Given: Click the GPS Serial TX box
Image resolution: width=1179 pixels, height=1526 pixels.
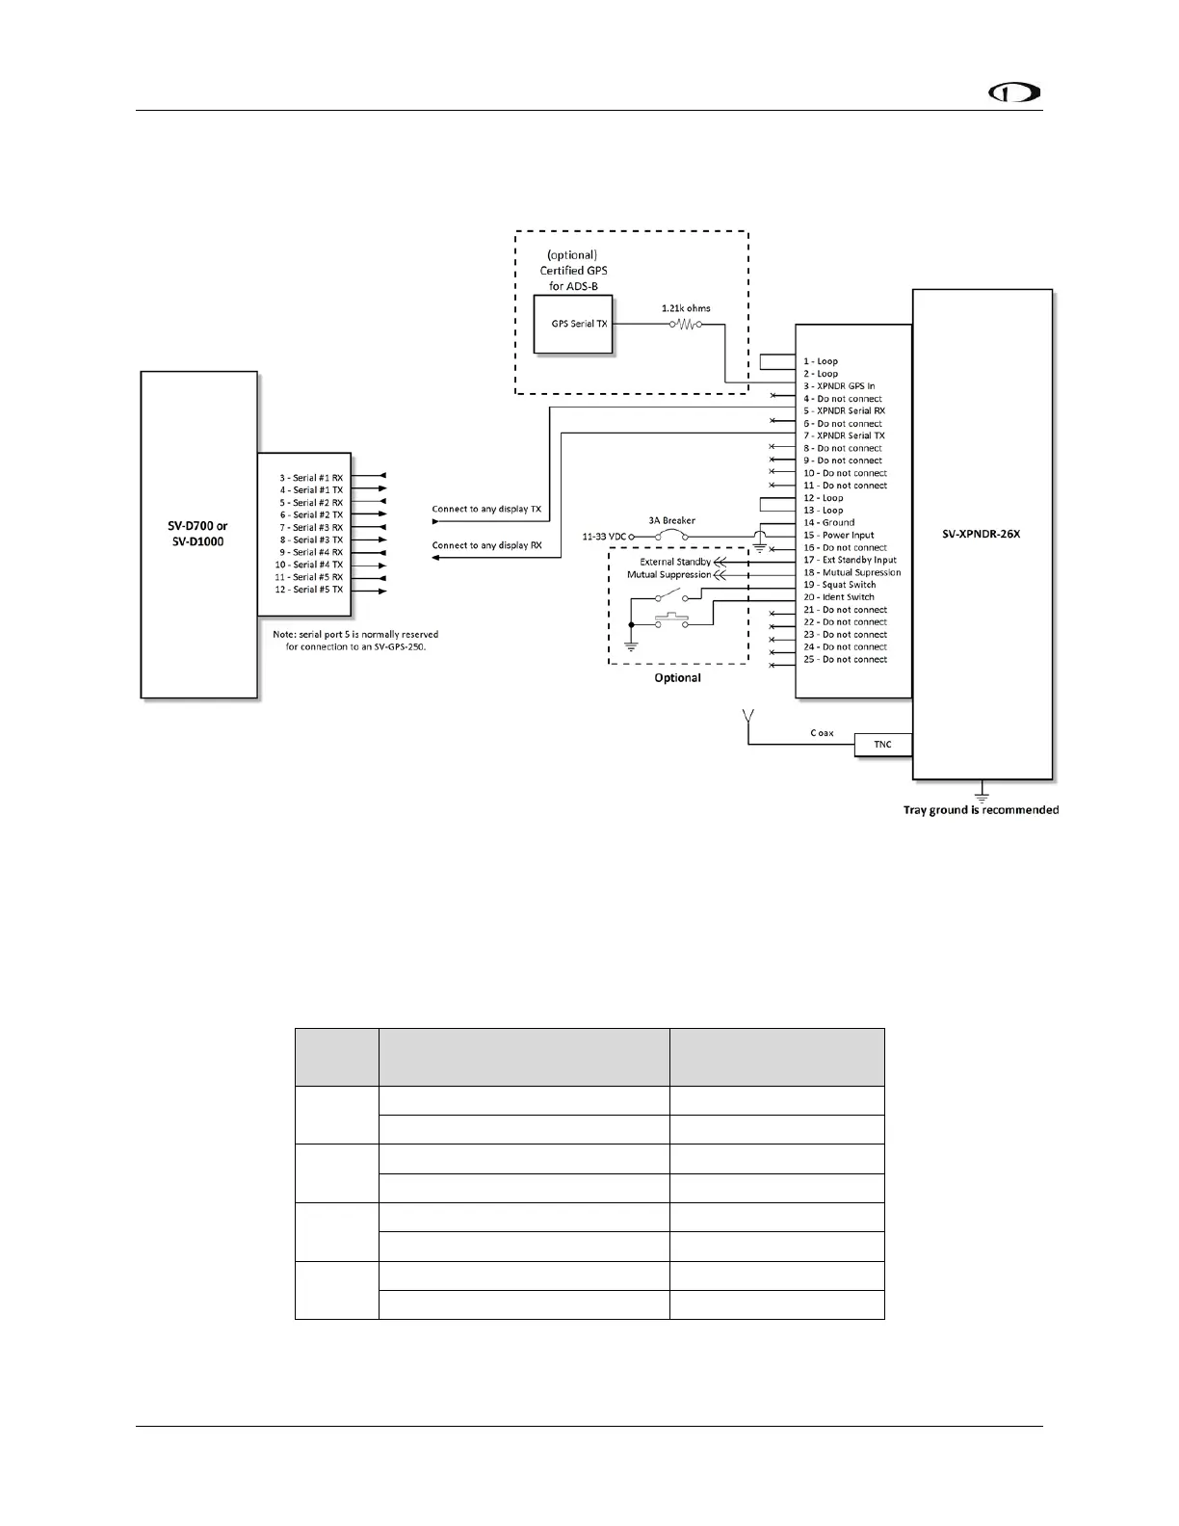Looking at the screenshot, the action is tap(573, 324).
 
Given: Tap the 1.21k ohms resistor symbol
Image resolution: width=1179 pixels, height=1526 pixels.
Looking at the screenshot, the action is tap(685, 325).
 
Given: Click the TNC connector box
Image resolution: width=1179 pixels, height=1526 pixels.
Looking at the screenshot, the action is tap(882, 745).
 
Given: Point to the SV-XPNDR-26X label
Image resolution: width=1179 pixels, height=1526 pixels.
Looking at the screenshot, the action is tap(981, 534).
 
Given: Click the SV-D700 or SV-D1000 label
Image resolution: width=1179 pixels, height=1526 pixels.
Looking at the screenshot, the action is tap(199, 534).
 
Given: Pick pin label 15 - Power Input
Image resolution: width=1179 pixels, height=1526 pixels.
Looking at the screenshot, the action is tap(839, 536).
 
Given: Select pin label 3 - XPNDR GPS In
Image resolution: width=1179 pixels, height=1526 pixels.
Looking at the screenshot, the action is tap(839, 386).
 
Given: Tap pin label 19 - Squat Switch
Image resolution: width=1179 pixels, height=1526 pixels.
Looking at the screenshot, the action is tap(840, 585).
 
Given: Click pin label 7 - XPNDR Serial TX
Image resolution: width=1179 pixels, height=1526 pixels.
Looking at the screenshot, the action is tap(844, 435).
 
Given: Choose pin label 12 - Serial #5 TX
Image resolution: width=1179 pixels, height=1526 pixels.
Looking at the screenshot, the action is tap(308, 590).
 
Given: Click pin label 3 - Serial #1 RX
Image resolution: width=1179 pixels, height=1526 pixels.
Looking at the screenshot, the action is tap(311, 478).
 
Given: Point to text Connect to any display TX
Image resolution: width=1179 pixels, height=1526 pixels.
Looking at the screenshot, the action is tap(486, 509).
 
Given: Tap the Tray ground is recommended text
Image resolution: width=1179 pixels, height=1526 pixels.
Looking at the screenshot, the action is tap(981, 809).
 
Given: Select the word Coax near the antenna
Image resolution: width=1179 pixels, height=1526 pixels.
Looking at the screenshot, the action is tap(822, 733).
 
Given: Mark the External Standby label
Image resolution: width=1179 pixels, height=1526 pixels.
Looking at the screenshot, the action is tap(675, 562).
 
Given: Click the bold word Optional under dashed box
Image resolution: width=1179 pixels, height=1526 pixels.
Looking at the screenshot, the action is tap(677, 678).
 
